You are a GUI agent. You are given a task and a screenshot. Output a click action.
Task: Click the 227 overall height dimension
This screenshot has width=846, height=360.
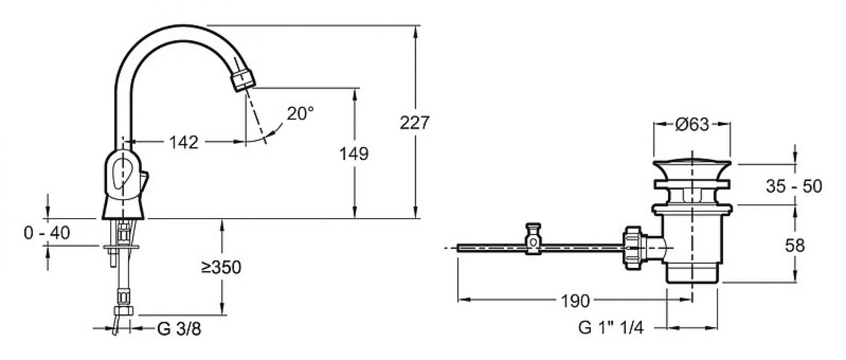pyautogui.click(x=414, y=122)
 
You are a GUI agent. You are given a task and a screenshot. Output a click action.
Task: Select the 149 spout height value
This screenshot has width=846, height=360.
pyautogui.click(x=353, y=154)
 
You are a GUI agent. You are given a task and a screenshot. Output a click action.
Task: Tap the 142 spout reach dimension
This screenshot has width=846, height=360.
pyautogui.click(x=184, y=142)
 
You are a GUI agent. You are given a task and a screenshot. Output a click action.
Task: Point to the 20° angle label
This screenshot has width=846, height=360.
pyautogui.click(x=301, y=113)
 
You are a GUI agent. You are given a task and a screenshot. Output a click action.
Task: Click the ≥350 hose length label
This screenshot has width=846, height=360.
pyautogui.click(x=221, y=267)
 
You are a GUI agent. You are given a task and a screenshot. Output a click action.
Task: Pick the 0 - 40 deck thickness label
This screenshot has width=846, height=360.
pyautogui.click(x=47, y=233)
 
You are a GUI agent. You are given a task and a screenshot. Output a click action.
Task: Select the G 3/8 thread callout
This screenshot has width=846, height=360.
pyautogui.click(x=179, y=329)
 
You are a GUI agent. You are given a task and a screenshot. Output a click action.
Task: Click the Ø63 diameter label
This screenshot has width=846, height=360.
pyautogui.click(x=692, y=125)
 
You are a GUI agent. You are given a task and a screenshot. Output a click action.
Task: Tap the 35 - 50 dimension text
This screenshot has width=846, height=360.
pyautogui.click(x=794, y=186)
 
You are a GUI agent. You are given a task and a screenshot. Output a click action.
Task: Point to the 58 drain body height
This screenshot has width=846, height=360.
pyautogui.click(x=794, y=245)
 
